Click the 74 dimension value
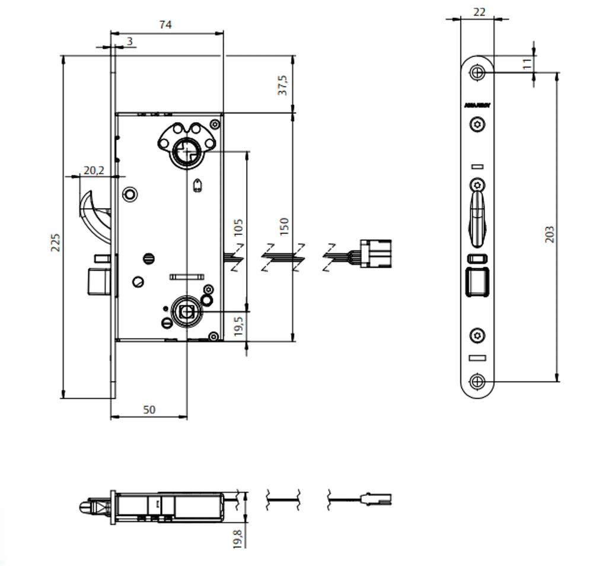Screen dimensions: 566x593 point(165,24)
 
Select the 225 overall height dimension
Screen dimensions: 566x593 point(55,241)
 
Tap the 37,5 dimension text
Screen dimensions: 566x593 point(283,85)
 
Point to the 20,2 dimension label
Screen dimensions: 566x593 point(94,170)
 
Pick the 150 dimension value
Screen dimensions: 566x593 point(284,226)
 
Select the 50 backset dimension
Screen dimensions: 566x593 point(149,409)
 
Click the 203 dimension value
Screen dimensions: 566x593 point(549,233)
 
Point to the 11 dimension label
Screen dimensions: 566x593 point(527,64)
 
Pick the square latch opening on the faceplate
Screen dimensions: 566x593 point(477,281)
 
